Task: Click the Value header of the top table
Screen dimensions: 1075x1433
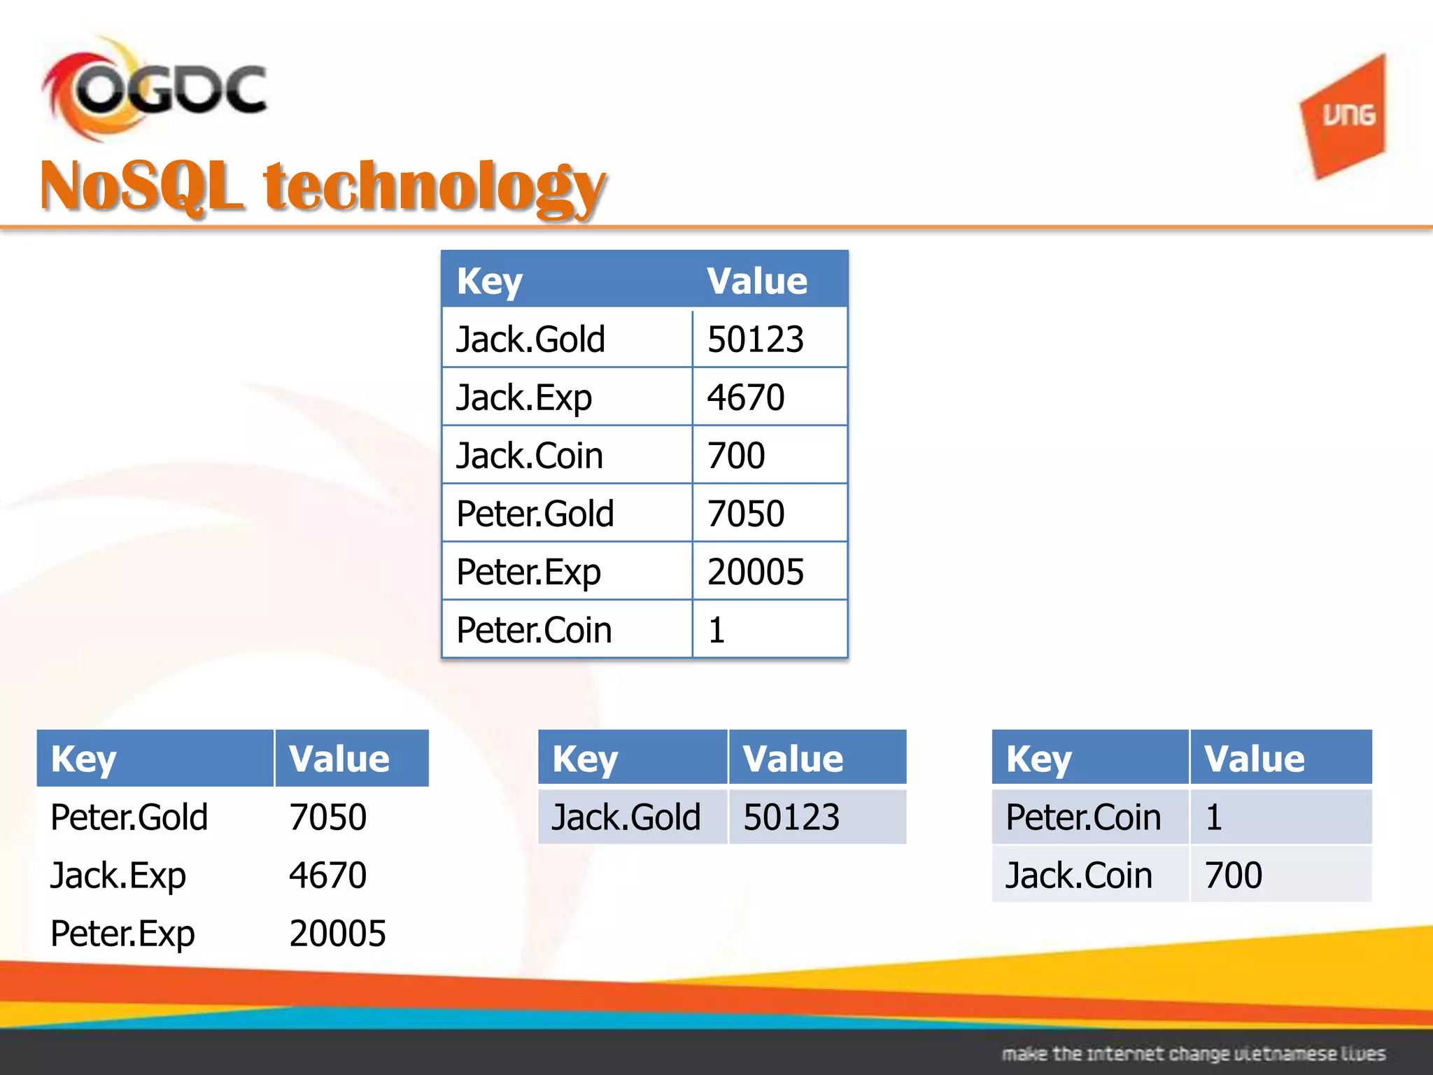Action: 756,281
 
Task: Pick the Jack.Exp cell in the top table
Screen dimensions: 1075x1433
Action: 524,398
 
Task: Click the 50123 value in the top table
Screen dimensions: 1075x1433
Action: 755,339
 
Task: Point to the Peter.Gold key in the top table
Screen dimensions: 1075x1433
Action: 535,514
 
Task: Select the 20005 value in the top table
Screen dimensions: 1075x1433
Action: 755,572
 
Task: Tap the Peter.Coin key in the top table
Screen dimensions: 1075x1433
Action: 534,630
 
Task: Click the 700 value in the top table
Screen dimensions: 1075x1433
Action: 736,456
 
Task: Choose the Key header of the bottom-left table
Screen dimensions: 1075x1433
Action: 83,759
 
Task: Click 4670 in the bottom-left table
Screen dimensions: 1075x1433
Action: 327,876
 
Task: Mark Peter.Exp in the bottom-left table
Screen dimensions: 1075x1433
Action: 122,934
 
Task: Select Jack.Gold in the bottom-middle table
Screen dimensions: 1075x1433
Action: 626,817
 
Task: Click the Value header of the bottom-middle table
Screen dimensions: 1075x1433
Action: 793,759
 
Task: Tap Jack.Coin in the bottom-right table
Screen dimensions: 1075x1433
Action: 1078,876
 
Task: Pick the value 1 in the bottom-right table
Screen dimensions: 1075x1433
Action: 1214,817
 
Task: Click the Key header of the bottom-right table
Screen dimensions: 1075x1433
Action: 1038,759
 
